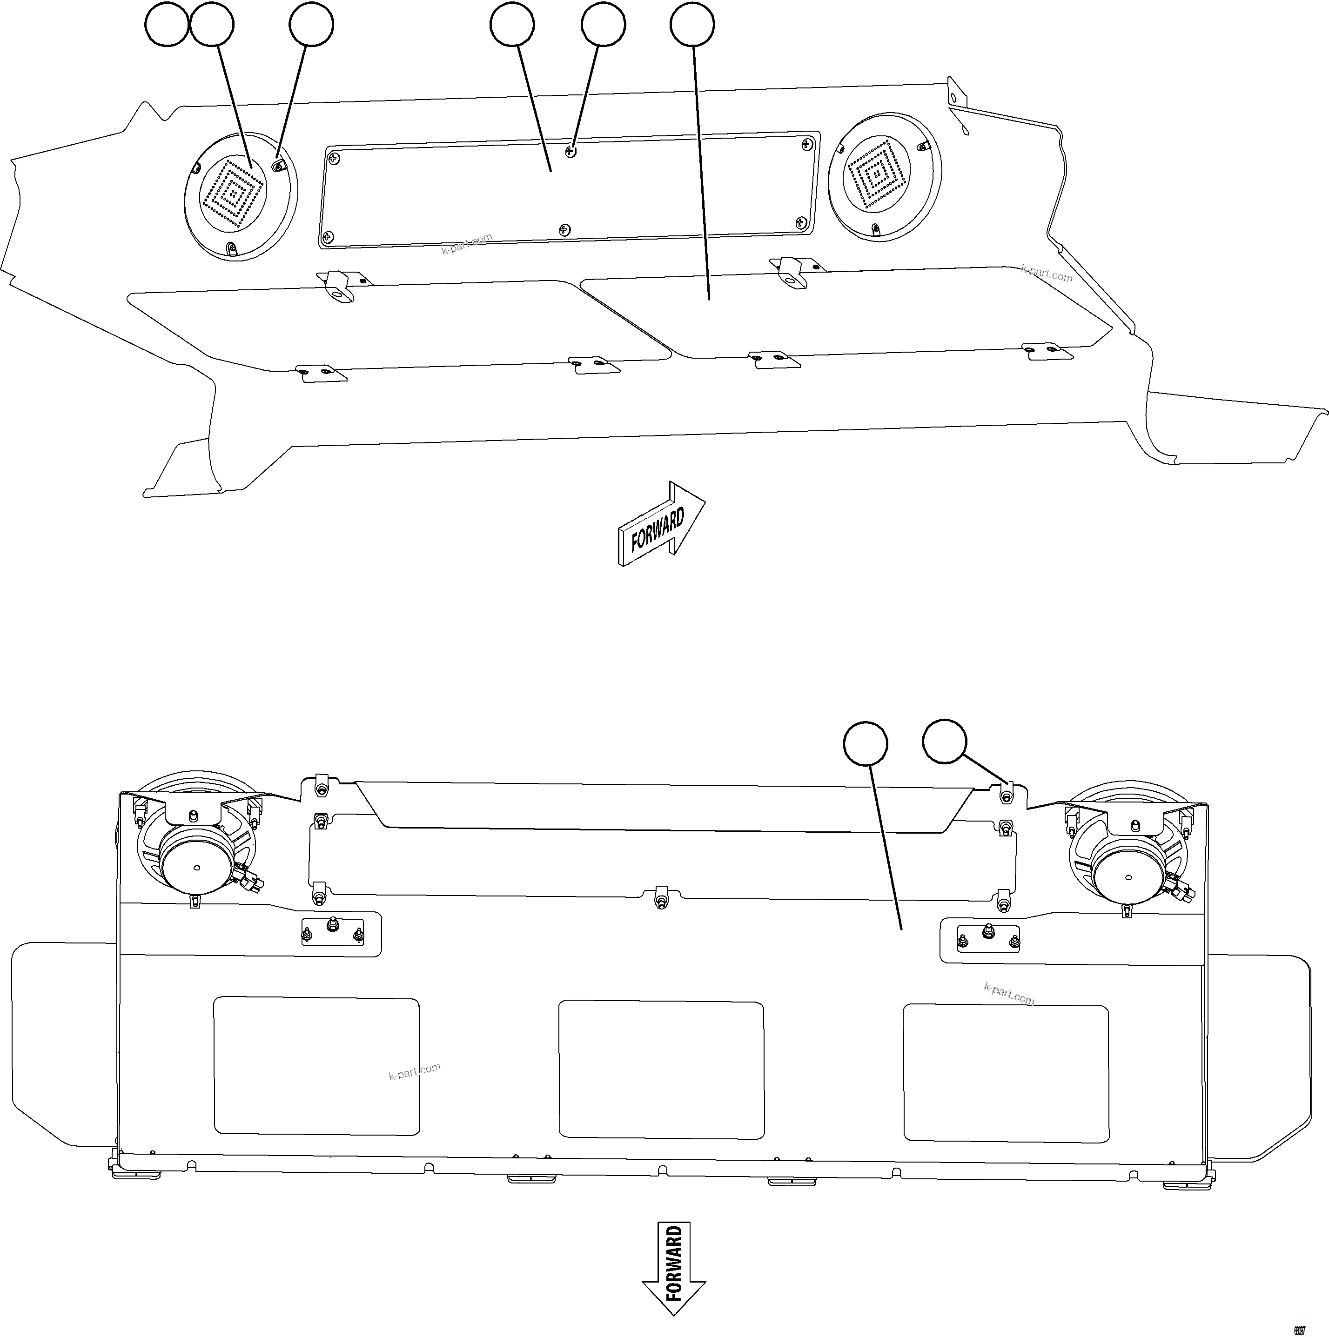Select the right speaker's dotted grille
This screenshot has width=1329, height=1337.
coord(877,174)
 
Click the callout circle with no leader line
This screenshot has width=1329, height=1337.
coord(167,25)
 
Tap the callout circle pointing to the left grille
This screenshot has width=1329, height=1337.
coord(212,25)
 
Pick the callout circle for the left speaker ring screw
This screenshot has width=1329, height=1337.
coord(311,25)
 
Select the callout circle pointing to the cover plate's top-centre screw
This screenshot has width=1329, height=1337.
coord(604,25)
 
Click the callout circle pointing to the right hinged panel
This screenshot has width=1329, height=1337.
coord(692,25)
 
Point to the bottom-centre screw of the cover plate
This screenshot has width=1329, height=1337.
coord(565,229)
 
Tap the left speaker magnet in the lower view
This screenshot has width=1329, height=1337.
coord(196,867)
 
